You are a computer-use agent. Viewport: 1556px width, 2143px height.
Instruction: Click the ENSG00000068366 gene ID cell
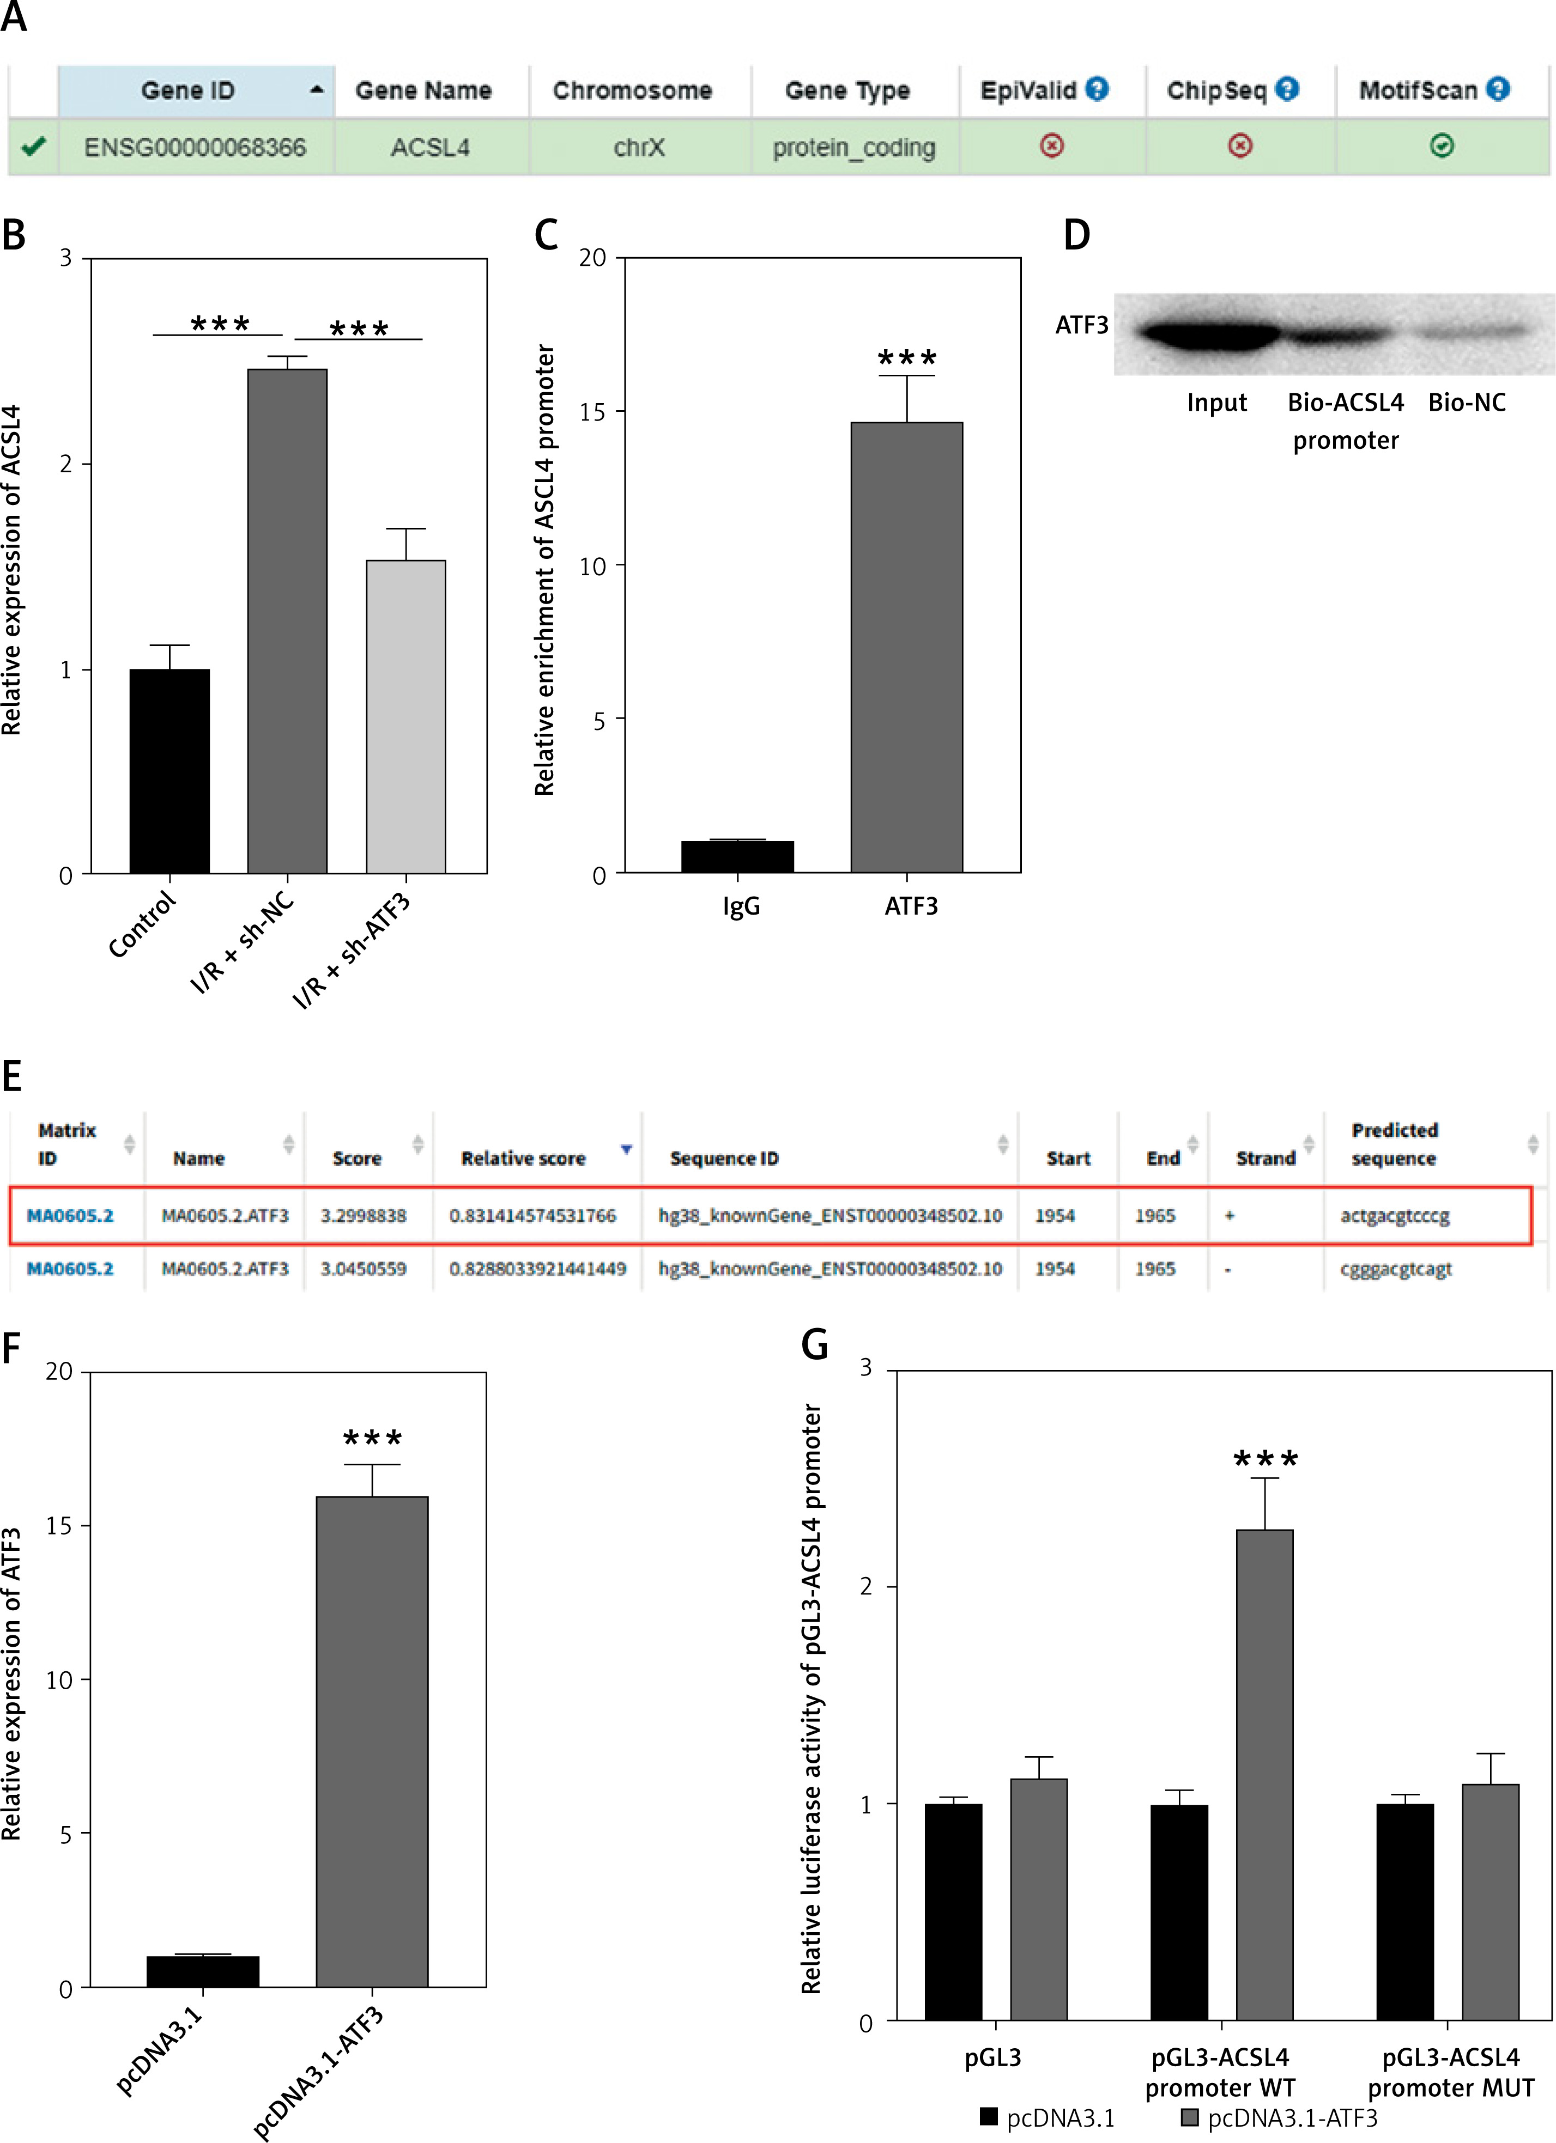tap(195, 148)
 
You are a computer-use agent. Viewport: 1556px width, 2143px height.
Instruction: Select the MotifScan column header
tap(1418, 91)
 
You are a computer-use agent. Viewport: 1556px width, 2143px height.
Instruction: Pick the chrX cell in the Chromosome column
tap(639, 148)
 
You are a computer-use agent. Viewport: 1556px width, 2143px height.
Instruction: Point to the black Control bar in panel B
tap(169, 771)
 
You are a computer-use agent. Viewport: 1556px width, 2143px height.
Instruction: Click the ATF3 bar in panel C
tap(906, 647)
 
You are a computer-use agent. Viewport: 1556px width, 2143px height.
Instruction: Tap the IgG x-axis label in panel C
tap(741, 906)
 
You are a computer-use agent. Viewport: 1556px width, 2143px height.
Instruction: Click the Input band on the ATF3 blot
tap(1210, 333)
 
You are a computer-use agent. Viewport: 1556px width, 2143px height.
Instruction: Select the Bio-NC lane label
tap(1466, 403)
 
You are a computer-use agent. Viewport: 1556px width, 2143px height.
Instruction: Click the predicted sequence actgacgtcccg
tap(1394, 1215)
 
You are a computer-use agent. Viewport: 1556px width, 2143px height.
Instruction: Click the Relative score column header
tap(523, 1159)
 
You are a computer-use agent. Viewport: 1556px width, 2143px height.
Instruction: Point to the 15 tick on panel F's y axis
tap(59, 1525)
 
